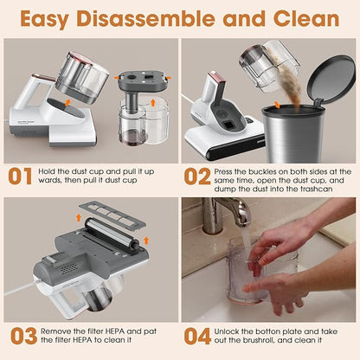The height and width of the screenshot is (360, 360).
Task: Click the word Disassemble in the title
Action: coord(146,18)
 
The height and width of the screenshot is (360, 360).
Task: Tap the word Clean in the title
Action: coord(306,18)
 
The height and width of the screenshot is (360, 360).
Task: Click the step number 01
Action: coord(20,176)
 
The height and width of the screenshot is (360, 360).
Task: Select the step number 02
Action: coord(197,176)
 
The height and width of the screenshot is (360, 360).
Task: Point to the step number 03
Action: coord(24,336)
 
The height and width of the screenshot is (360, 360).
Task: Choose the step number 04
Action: coord(197,336)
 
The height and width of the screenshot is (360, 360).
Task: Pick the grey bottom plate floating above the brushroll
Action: coord(112,215)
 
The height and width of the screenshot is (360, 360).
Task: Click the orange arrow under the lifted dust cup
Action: coord(67,103)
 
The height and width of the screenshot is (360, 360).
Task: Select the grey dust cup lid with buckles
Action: coord(143,80)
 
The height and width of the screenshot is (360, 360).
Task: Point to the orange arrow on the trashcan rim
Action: coord(277,105)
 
